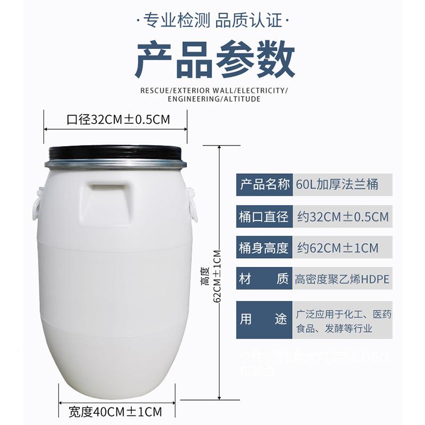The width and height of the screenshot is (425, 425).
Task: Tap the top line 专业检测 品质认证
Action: [212, 21]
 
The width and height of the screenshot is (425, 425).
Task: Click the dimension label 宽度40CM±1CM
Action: [115, 411]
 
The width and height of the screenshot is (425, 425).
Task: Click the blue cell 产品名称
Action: [264, 185]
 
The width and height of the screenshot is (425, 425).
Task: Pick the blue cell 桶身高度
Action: [264, 248]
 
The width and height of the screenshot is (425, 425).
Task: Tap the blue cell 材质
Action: [264, 279]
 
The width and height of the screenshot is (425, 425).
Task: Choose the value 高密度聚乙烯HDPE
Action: [342, 279]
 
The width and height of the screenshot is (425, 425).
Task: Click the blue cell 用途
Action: [264, 319]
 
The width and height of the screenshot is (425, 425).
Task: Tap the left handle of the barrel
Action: [38, 203]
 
